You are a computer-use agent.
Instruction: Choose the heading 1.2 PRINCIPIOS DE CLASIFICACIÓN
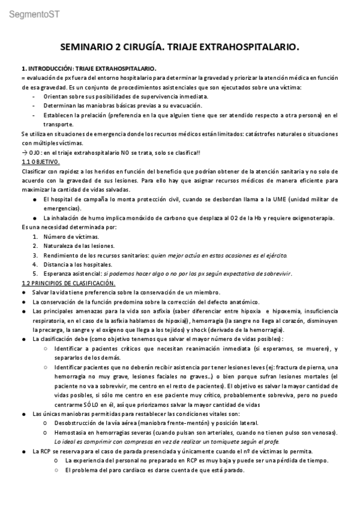click(x=68, y=283)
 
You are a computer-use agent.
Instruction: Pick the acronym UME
click(x=292, y=199)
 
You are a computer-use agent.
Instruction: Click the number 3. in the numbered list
click(x=35, y=255)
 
